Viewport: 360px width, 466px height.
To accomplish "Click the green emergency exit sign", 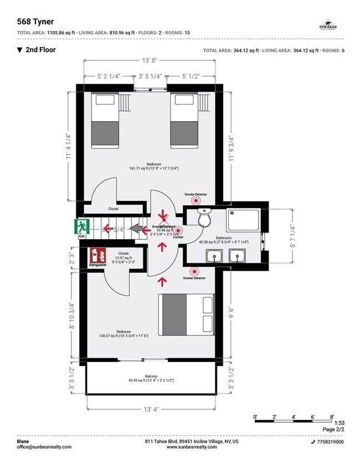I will (x=82, y=226).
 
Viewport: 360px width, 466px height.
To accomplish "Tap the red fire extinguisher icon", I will (x=97, y=255).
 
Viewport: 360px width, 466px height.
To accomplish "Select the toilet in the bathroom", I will (x=203, y=219).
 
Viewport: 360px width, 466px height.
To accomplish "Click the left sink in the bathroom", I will (x=214, y=256).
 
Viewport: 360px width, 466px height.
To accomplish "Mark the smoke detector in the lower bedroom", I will (x=194, y=271).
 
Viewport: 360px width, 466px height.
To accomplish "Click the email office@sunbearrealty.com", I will (x=44, y=447).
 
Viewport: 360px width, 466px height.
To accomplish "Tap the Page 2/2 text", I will (x=332, y=429).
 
